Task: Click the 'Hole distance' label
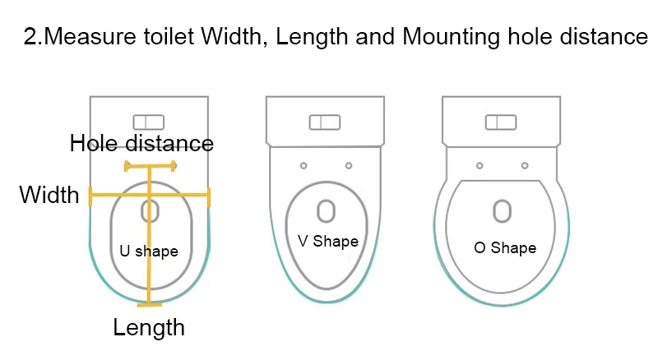click(141, 143)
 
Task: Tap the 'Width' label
click(49, 196)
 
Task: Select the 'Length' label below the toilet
click(149, 328)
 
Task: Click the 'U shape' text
click(149, 251)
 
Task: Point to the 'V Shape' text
click(327, 241)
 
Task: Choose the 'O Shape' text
click(505, 247)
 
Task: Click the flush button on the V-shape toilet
click(325, 122)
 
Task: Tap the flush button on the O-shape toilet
click(502, 122)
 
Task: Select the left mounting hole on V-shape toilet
click(304, 166)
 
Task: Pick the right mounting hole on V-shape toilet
click(348, 166)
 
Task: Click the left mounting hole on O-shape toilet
click(480, 166)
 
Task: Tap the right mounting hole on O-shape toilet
click(524, 166)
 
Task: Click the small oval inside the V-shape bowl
click(326, 210)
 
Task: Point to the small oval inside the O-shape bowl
click(502, 210)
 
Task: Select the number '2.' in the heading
click(33, 38)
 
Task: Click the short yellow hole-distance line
click(150, 166)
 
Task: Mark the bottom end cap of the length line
click(149, 304)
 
